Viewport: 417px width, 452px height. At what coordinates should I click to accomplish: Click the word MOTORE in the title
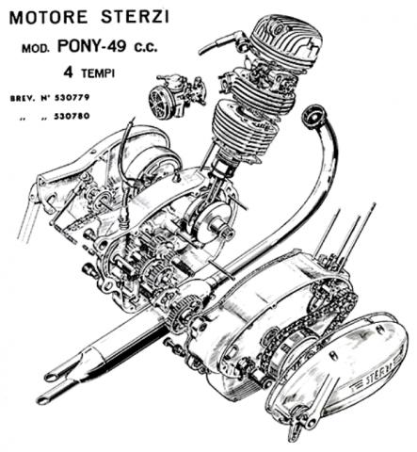(x=48, y=18)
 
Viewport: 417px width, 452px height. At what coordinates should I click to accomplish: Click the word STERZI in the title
(x=135, y=17)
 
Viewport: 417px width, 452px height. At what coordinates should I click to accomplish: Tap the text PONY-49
(x=92, y=46)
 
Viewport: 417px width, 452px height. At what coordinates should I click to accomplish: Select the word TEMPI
(x=98, y=73)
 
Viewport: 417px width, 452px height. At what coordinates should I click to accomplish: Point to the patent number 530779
(x=72, y=98)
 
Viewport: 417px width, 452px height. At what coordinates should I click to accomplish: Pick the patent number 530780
(x=72, y=116)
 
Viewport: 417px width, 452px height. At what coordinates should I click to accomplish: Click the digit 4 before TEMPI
(x=69, y=73)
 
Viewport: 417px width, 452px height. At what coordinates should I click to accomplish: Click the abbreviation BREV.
(x=22, y=98)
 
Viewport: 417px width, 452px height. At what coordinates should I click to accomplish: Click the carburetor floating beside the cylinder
(x=176, y=97)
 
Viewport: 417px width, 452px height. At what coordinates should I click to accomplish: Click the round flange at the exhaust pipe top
(x=313, y=115)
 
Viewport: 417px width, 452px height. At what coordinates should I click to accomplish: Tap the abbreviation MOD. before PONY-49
(x=36, y=49)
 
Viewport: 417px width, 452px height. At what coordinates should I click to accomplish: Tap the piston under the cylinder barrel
(x=223, y=167)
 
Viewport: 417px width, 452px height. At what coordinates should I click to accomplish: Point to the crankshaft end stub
(x=227, y=232)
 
